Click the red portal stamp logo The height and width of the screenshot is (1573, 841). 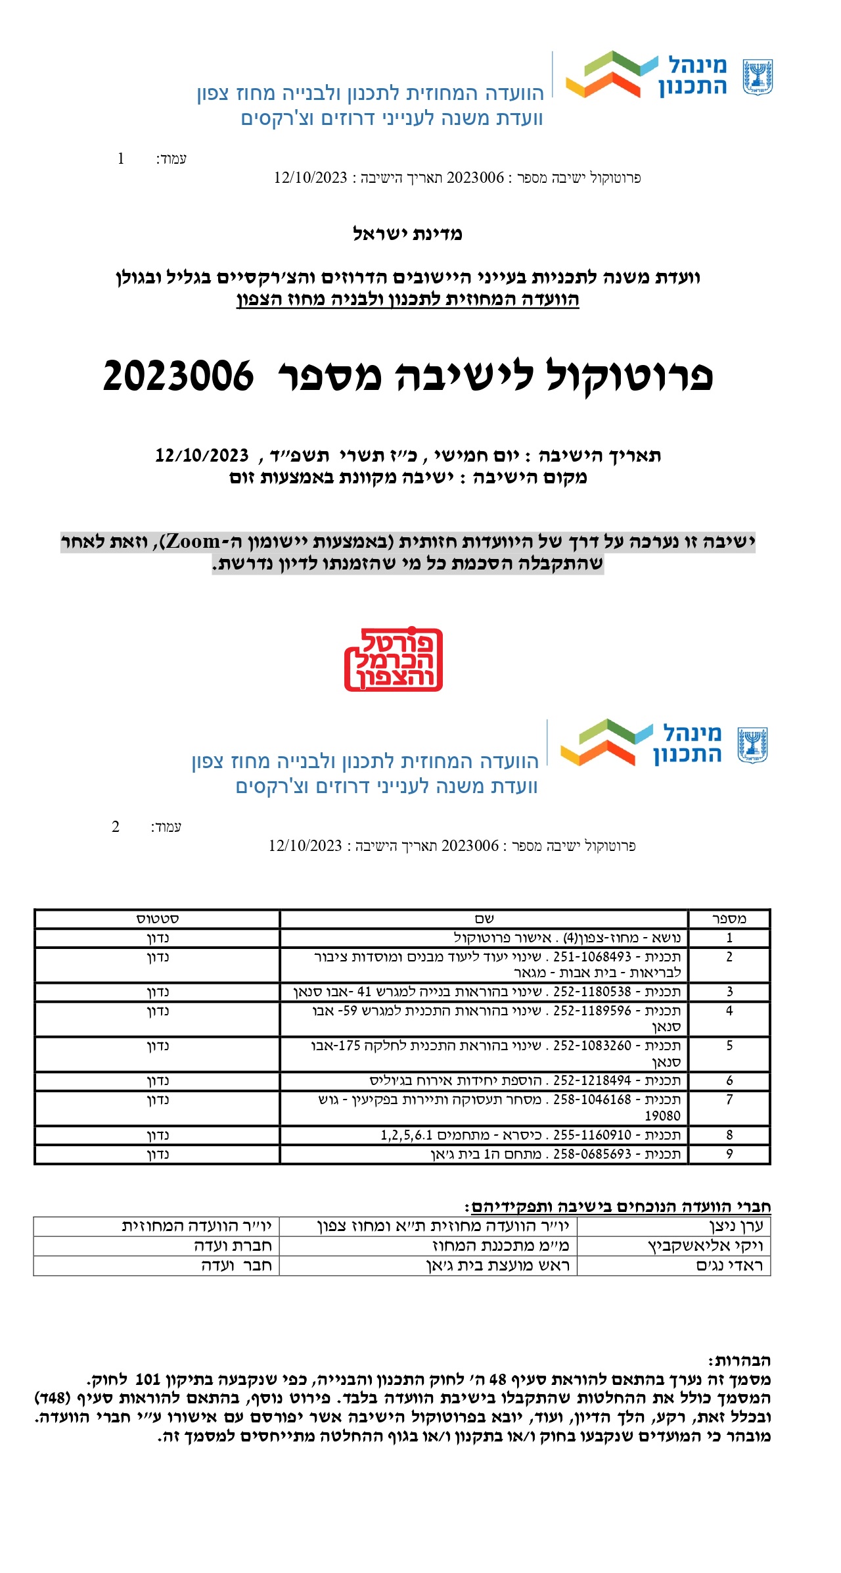tap(393, 659)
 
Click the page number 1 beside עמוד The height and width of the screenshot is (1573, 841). tap(121, 158)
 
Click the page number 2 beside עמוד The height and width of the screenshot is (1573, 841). tap(116, 827)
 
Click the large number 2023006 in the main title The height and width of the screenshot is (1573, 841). tap(178, 376)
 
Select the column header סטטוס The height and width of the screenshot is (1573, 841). tap(158, 919)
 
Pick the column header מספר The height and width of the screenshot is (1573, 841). tap(729, 919)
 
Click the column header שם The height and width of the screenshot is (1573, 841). tap(484, 919)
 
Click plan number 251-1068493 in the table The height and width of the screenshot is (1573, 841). tap(592, 957)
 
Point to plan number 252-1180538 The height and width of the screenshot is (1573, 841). tap(592, 992)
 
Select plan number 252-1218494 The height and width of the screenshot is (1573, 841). tap(592, 1080)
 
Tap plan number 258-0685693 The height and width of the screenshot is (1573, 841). tap(592, 1154)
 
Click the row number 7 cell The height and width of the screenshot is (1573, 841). tap(729, 1100)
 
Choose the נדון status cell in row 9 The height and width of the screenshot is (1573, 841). tap(158, 1154)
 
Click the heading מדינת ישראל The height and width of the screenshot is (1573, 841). tap(407, 234)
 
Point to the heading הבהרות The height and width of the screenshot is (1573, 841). tap(739, 1361)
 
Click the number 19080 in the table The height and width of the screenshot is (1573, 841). tap(662, 1116)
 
